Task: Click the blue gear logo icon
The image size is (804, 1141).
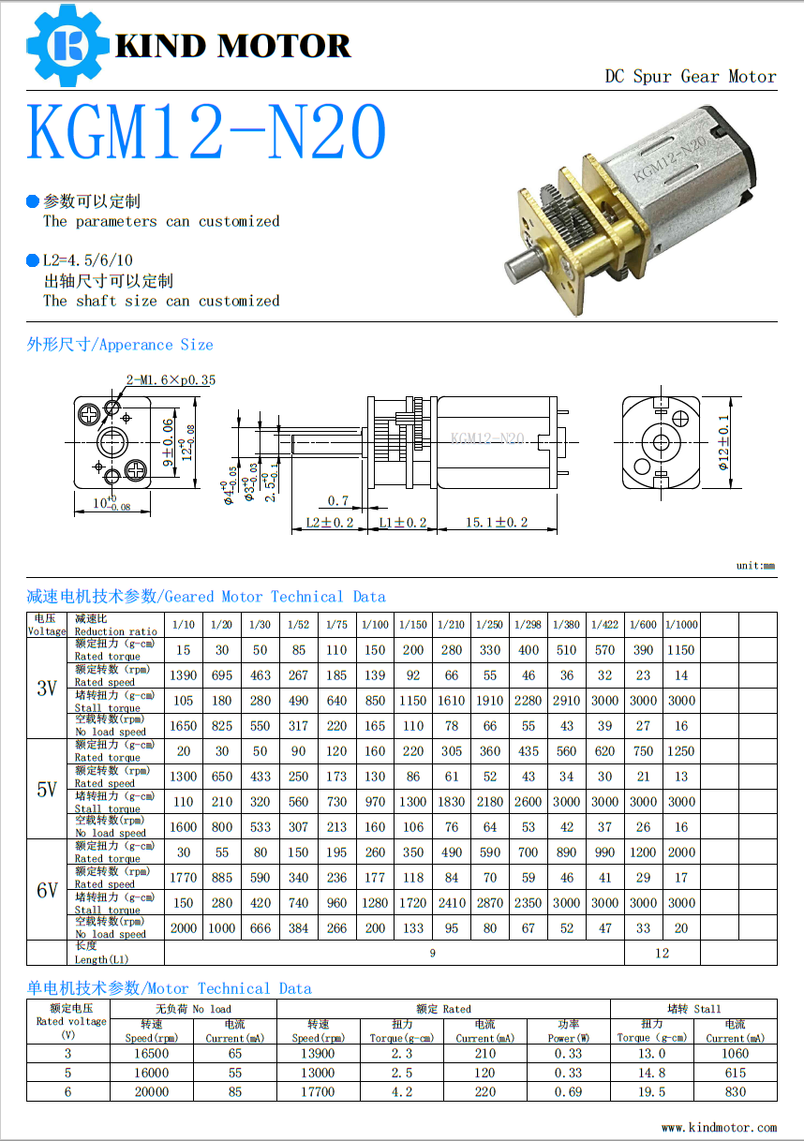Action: (x=67, y=44)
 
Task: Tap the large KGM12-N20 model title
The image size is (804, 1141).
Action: (x=206, y=132)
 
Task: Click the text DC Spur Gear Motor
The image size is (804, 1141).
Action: (x=690, y=77)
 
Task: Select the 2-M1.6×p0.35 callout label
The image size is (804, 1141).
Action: (x=171, y=379)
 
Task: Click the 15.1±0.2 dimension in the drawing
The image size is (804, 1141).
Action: (x=497, y=523)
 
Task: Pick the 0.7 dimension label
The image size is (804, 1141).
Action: (x=338, y=500)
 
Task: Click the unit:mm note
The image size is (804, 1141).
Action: (x=755, y=566)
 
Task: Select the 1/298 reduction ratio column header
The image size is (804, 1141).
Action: (x=529, y=625)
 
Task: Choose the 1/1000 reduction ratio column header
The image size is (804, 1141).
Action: (x=681, y=625)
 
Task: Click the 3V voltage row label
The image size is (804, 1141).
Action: (x=47, y=689)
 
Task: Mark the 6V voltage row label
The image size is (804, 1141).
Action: (x=47, y=890)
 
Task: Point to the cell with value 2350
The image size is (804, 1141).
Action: (x=529, y=903)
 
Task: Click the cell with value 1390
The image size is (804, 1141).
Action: (x=183, y=675)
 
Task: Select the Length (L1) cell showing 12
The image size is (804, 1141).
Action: (x=662, y=953)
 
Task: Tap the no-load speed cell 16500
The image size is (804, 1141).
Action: (x=152, y=1054)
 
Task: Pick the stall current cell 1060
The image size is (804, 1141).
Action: (x=735, y=1054)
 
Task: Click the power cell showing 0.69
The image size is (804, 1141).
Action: (x=568, y=1091)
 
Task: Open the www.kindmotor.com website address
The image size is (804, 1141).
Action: (x=719, y=1127)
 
